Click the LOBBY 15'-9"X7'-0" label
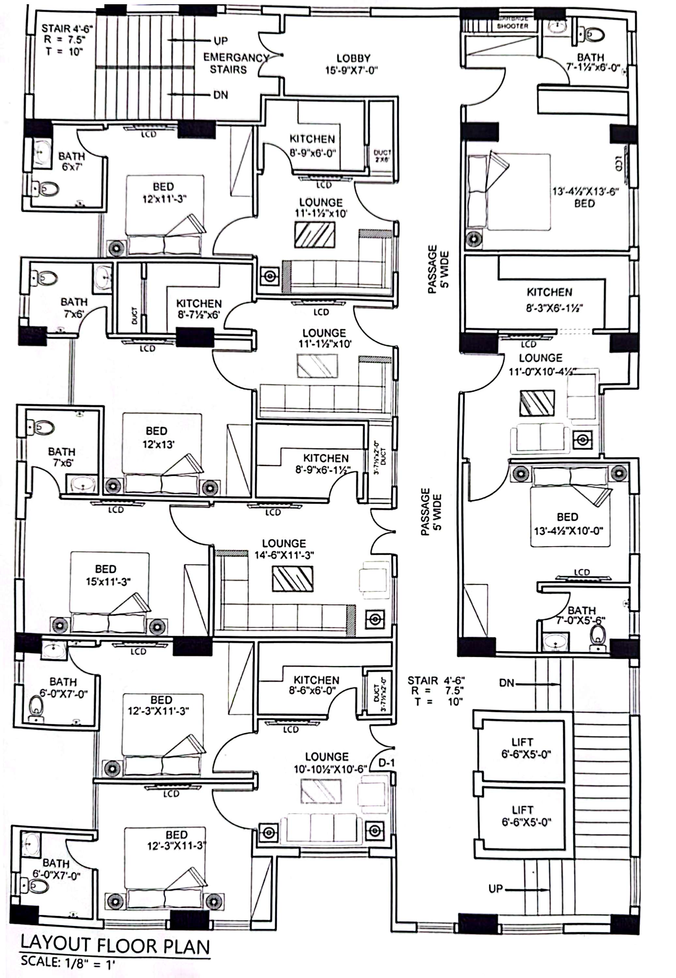pyautogui.click(x=351, y=64)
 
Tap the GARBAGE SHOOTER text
pyautogui.click(x=513, y=23)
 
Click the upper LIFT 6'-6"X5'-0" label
pyautogui.click(x=525, y=748)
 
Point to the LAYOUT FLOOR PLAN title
pyautogui.click(x=115, y=945)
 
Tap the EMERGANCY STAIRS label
pyautogui.click(x=234, y=64)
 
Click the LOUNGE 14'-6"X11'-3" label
pyautogui.click(x=284, y=549)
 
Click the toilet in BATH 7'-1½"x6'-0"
pyautogui.click(x=592, y=34)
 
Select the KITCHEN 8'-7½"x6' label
pyautogui.click(x=199, y=309)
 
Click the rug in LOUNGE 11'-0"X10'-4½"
pyautogui.click(x=537, y=403)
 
